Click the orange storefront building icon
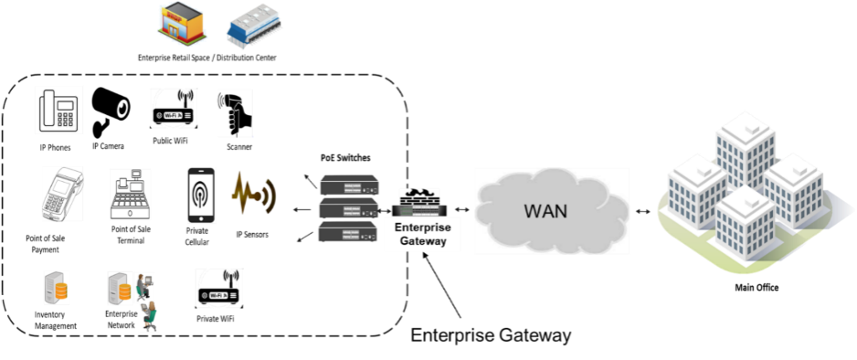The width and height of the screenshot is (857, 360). coord(181,23)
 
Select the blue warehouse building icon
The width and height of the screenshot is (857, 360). coord(255,25)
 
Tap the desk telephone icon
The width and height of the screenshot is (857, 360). coord(59,111)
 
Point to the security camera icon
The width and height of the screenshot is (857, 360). coord(111,110)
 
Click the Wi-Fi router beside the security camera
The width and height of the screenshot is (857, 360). coord(174,109)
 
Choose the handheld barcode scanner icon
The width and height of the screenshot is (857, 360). coord(234,113)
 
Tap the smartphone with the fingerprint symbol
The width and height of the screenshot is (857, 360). coord(200,195)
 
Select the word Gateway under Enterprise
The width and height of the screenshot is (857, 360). coord(423,241)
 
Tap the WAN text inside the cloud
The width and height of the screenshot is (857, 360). coord(545,211)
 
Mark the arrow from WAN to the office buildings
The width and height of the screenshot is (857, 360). coord(644,211)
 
